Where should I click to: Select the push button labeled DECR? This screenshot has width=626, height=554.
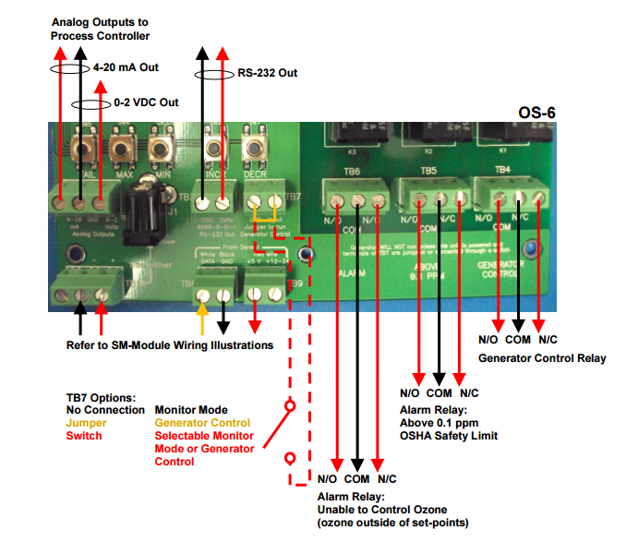coord(254,148)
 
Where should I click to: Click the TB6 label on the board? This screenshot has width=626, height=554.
coord(350,171)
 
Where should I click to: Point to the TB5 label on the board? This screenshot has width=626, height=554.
coord(427,171)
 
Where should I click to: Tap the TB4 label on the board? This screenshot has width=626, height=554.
coord(502,170)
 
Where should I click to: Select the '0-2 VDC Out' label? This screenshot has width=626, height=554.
coord(146,102)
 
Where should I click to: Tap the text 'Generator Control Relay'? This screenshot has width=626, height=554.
coord(542,357)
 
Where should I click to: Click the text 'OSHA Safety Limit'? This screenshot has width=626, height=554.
coord(449,435)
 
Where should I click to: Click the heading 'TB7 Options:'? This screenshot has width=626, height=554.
coord(101,397)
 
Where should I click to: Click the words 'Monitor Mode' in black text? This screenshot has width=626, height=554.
coord(191,409)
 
